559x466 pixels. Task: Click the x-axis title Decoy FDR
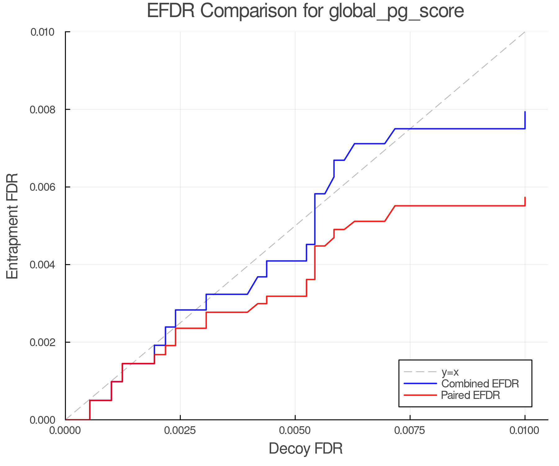(x=306, y=449)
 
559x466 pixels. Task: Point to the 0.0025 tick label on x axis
(x=180, y=431)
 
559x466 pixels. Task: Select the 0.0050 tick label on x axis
(x=295, y=431)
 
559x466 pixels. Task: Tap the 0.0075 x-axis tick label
(x=410, y=431)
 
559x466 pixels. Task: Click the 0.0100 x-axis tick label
(x=525, y=431)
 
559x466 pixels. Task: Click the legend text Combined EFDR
(x=480, y=384)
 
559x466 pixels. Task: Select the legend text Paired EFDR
(x=470, y=395)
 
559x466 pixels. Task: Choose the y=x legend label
(x=450, y=372)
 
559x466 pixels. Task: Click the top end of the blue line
(x=525, y=112)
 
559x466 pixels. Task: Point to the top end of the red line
(x=525, y=198)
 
